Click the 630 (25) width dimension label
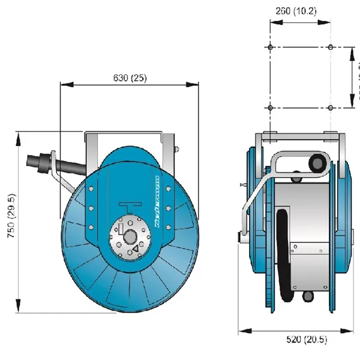(x=130, y=79)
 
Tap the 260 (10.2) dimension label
(x=300, y=10)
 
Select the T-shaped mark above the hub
(x=130, y=208)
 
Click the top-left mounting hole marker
(x=271, y=47)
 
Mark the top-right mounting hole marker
(x=331, y=47)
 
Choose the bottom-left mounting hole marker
(x=271, y=108)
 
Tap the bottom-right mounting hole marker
(x=331, y=108)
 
